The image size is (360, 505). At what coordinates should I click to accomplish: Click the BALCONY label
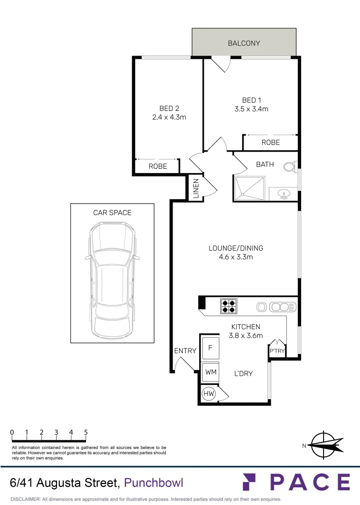[x=244, y=43]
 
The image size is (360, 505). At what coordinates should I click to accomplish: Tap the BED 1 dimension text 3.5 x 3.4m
[x=251, y=109]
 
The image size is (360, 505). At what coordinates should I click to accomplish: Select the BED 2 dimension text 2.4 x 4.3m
[x=169, y=117]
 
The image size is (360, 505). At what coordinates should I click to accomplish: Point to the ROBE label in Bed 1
[x=270, y=143]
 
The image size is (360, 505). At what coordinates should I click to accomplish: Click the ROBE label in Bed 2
[x=158, y=166]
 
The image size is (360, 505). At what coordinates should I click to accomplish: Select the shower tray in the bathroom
[x=250, y=188]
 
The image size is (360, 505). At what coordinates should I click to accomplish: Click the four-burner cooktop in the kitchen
[x=228, y=306]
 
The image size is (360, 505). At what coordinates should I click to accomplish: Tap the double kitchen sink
[x=281, y=307]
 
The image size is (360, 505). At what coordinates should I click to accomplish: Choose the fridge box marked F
[x=210, y=347]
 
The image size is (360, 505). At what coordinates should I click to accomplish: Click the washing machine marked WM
[x=210, y=372]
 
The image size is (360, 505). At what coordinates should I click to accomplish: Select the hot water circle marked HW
[x=209, y=394]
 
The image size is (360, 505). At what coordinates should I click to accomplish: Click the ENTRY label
[x=185, y=351]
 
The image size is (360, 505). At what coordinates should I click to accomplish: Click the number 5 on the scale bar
[x=86, y=433]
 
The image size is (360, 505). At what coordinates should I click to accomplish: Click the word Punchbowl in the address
[x=154, y=482]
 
